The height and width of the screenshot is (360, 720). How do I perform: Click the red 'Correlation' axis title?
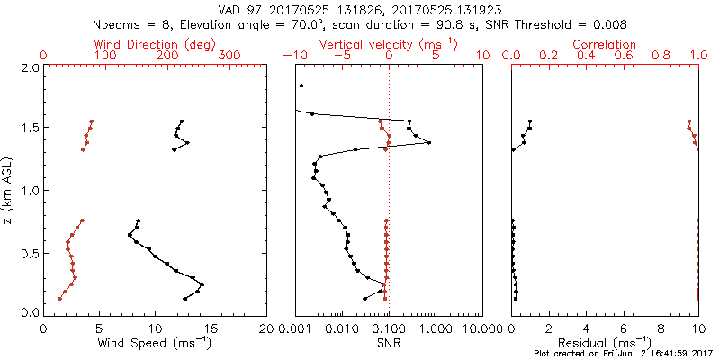[605, 44]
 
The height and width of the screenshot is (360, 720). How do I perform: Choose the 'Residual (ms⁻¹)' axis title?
[605, 342]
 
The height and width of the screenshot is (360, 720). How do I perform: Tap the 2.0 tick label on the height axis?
[29, 67]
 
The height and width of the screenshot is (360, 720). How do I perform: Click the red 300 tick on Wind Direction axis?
[230, 56]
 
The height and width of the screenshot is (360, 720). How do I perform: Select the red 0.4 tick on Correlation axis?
[587, 56]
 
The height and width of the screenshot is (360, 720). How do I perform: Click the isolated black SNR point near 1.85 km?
[301, 85]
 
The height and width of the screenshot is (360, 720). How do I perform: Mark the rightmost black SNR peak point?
[429, 143]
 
